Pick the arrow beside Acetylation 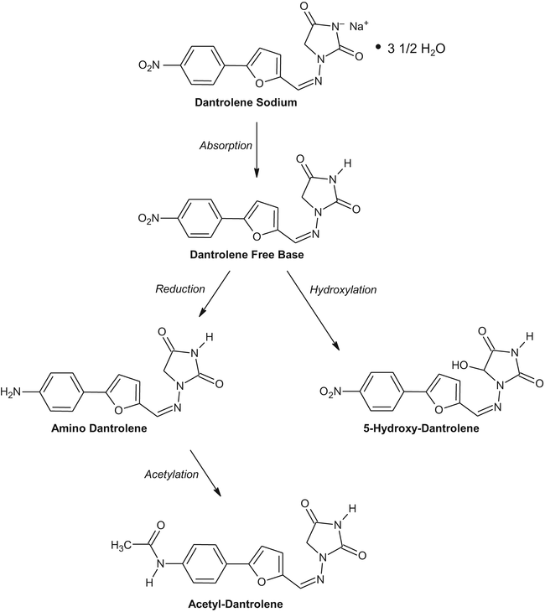click(x=207, y=474)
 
